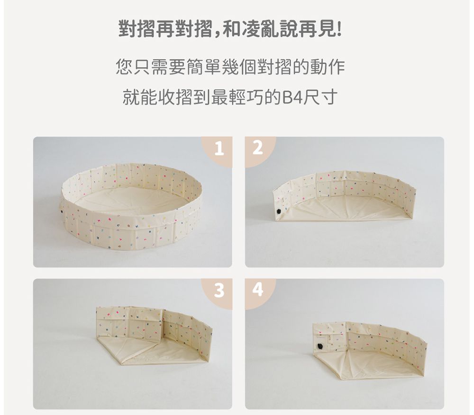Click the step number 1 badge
(x=218, y=150)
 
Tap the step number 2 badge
(x=257, y=149)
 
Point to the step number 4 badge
(x=257, y=291)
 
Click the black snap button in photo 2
(x=279, y=211)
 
